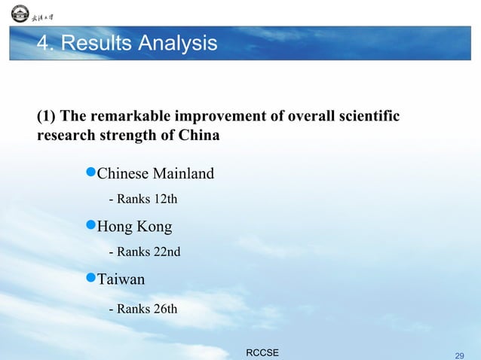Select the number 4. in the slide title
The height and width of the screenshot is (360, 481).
click(45, 44)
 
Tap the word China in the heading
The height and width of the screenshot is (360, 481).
click(200, 136)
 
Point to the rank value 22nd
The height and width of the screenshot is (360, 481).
click(167, 252)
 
